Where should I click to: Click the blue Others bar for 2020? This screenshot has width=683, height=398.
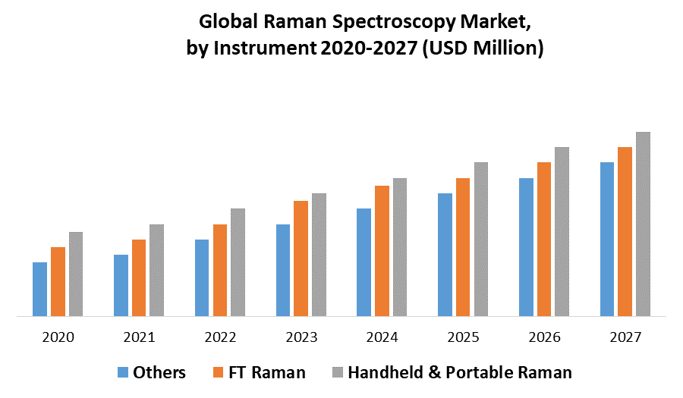39,289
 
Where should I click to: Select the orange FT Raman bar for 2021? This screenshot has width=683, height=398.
139,277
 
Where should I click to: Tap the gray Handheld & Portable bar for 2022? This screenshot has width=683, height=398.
238,262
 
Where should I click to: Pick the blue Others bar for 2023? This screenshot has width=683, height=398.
283,270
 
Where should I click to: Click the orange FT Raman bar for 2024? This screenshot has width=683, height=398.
382,251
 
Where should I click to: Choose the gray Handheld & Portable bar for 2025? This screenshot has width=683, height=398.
481,239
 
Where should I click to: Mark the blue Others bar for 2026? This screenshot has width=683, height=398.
526,247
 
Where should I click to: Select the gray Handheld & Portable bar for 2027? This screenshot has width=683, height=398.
643,224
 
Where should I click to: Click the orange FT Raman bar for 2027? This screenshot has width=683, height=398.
625,231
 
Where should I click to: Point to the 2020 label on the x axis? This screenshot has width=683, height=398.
58,337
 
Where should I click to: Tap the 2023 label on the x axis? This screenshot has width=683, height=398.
301,337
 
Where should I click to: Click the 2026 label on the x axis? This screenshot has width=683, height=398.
544,337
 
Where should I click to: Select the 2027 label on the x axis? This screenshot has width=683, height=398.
625,337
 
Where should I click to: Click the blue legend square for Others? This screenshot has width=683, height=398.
123,372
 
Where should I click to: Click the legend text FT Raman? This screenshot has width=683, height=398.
269,372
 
